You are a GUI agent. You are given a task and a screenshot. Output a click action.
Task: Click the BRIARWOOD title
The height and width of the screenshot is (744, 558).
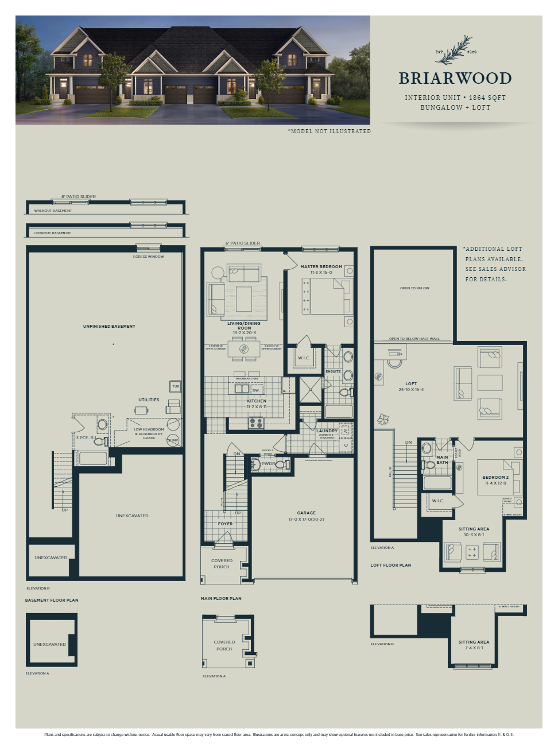(455, 78)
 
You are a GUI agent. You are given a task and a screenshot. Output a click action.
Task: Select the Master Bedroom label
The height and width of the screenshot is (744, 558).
(321, 267)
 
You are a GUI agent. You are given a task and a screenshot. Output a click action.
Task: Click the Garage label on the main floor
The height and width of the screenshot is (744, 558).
(306, 513)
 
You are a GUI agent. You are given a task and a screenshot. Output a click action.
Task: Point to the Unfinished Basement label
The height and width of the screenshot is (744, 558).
(109, 326)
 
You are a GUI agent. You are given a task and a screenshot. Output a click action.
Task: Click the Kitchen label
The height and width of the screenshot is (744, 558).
(257, 401)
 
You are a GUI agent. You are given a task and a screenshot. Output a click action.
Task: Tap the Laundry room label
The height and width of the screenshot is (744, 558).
(327, 431)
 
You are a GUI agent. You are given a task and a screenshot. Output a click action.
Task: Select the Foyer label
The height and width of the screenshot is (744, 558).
(225, 524)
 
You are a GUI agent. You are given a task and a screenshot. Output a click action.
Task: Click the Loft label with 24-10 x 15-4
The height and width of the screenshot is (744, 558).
(411, 384)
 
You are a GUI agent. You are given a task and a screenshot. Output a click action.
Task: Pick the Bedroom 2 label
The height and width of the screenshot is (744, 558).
(495, 478)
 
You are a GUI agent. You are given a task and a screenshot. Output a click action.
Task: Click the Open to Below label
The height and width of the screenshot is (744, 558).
(414, 288)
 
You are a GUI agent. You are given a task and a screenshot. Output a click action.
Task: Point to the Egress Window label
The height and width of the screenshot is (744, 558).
(148, 257)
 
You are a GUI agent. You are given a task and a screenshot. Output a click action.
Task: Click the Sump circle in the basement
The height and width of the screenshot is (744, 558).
(173, 440)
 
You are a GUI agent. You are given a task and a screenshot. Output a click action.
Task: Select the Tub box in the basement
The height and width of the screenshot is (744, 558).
(176, 386)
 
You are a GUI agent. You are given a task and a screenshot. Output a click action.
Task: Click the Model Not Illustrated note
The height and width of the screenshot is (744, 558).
(329, 131)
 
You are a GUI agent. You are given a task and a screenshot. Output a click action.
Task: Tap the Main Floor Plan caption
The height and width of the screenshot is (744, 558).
(221, 598)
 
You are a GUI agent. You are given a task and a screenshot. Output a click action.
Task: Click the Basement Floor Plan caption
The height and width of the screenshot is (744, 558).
(52, 600)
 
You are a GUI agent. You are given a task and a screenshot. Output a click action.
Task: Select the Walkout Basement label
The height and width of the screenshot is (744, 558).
(53, 211)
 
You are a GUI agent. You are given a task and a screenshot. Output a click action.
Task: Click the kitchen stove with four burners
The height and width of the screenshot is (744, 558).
(256, 423)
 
